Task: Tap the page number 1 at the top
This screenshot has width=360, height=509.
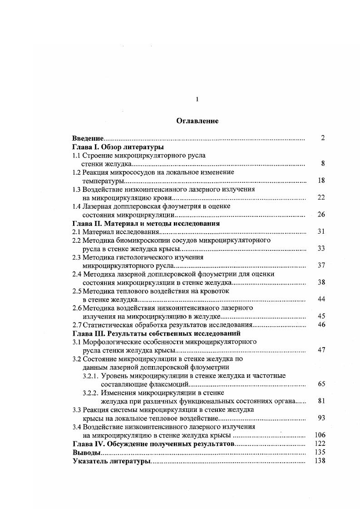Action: (x=197, y=99)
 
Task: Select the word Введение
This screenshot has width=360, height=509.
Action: (x=88, y=138)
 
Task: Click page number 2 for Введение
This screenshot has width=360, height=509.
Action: (x=322, y=138)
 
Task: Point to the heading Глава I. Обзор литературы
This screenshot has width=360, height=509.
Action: (x=118, y=147)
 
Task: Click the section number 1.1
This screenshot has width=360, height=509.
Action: (x=77, y=156)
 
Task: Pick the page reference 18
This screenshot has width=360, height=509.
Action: (x=321, y=181)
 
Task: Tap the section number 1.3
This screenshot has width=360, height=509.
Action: (x=77, y=190)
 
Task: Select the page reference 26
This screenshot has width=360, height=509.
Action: (x=321, y=215)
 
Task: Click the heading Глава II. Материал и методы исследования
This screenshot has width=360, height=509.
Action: (x=146, y=224)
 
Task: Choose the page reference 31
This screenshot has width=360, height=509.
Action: (x=321, y=232)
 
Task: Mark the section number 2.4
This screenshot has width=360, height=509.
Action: (x=77, y=274)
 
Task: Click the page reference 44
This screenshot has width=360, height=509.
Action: (x=321, y=300)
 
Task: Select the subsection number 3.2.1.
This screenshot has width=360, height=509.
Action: (x=91, y=376)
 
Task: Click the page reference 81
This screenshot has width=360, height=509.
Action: (x=321, y=401)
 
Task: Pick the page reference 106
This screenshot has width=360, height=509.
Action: (x=320, y=436)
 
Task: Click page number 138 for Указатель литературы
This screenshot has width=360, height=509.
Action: (x=320, y=461)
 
